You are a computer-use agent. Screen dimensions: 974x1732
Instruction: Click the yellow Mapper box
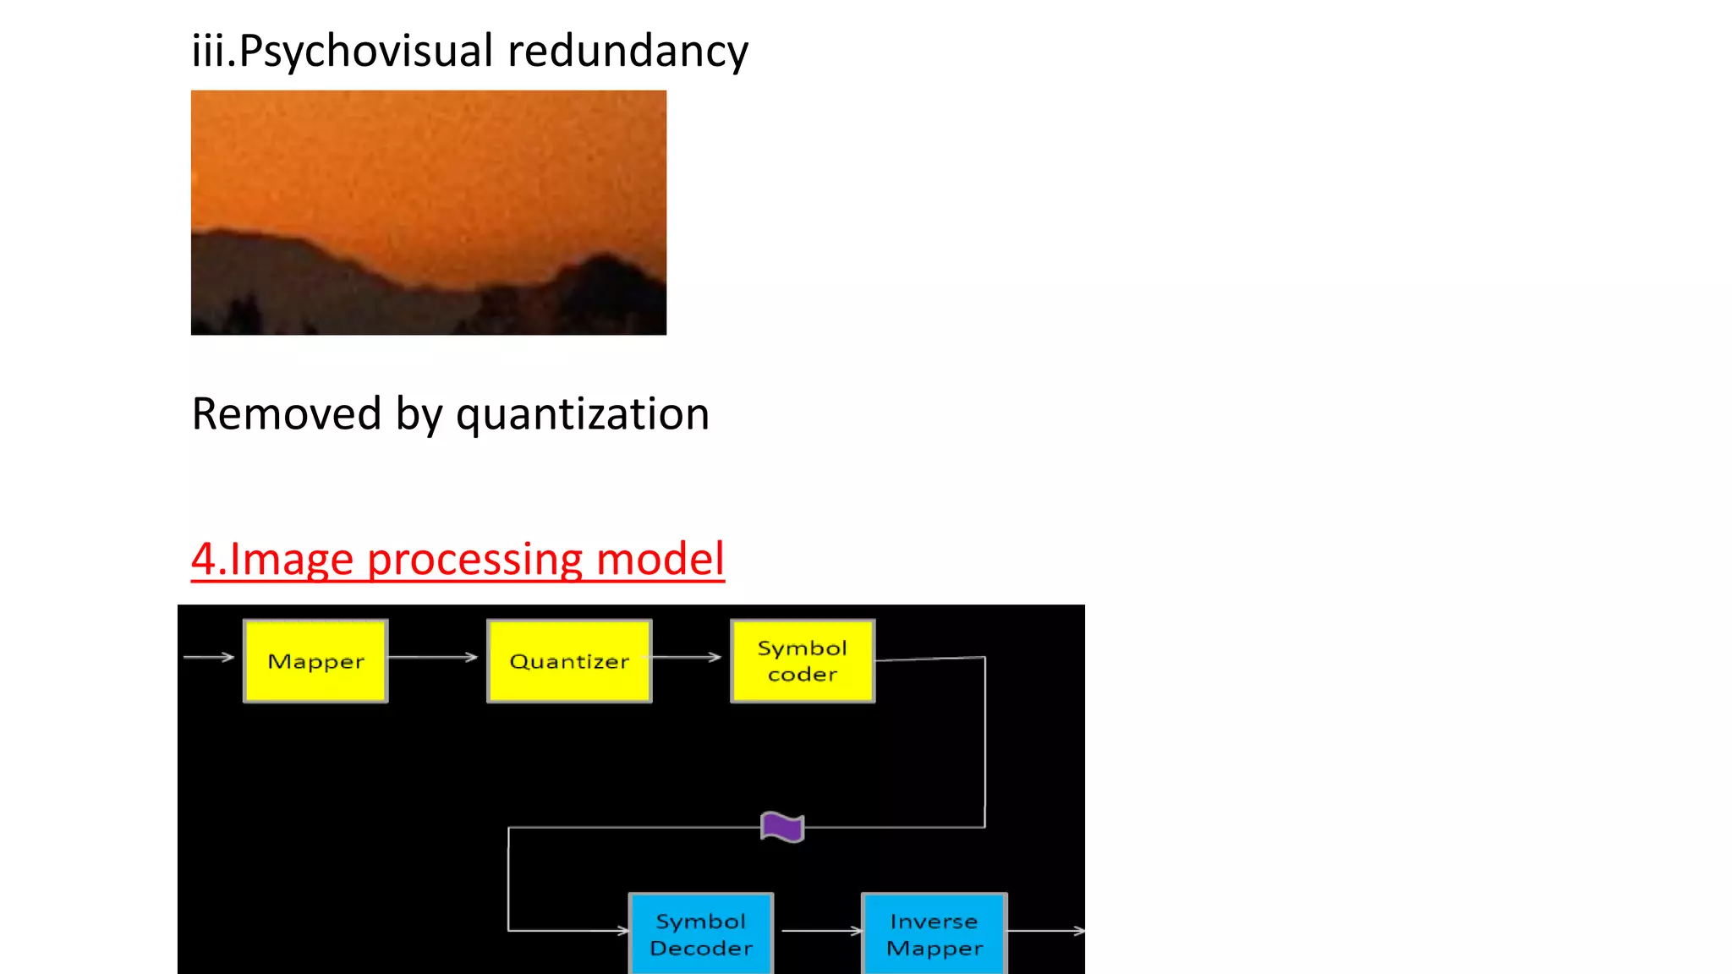[315, 660]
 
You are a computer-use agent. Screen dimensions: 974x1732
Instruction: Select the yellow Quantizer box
[569, 660]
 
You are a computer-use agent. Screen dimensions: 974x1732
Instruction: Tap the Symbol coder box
[803, 660]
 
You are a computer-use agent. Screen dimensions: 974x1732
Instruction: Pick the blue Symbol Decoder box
[701, 933]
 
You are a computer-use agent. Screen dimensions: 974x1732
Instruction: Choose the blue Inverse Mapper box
[935, 933]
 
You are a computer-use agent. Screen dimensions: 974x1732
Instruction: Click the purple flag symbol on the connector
[782, 827]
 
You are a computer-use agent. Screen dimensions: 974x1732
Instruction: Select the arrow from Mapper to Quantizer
[433, 657]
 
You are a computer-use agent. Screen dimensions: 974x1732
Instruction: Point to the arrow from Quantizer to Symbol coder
[687, 657]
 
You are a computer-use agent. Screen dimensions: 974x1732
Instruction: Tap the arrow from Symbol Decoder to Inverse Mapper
[819, 931]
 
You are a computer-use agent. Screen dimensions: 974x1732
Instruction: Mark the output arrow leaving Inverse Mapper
[1046, 931]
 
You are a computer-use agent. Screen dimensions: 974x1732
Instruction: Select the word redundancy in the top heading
[628, 51]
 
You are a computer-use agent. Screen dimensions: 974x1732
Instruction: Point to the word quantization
[583, 414]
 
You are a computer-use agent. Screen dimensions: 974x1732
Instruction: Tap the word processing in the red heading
[475, 559]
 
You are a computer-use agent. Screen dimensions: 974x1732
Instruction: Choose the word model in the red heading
[660, 559]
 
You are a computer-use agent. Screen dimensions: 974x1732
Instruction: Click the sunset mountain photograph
[429, 212]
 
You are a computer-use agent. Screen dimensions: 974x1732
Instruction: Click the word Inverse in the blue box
[934, 921]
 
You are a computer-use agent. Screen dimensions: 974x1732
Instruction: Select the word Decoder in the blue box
[701, 948]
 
